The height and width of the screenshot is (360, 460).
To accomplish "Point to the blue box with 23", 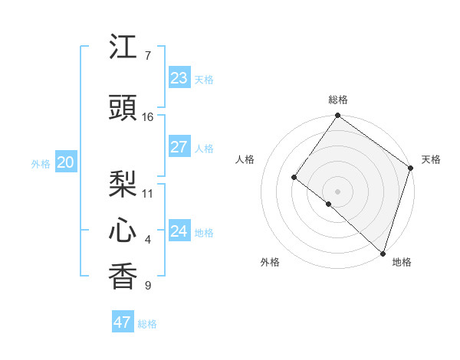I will [179, 78].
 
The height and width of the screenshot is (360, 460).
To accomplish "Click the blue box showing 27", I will [179, 147].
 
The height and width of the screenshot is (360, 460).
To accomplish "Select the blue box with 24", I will [179, 231].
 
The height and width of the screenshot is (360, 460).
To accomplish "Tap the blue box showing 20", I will [66, 162].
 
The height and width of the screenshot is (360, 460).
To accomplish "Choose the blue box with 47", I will [123, 322].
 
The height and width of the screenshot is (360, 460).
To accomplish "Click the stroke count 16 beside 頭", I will [148, 117].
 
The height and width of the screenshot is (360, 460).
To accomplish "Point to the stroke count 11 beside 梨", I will [148, 193].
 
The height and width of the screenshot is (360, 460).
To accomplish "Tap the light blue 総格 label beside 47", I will [147, 324].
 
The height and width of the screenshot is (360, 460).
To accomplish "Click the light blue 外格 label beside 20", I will [41, 163].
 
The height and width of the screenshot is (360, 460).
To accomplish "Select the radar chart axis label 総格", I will [337, 100].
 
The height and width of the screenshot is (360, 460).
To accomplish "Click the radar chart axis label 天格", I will [431, 159].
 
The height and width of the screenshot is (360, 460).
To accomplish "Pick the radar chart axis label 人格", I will [245, 159].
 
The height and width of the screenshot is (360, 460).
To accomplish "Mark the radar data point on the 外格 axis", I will [329, 204].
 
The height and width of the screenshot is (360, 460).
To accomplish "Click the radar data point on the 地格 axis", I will [383, 253].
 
